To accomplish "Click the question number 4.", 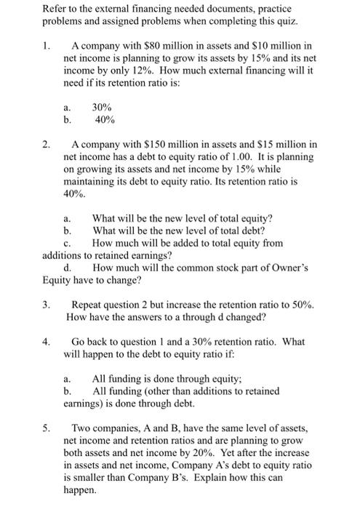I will pos(45,341).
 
